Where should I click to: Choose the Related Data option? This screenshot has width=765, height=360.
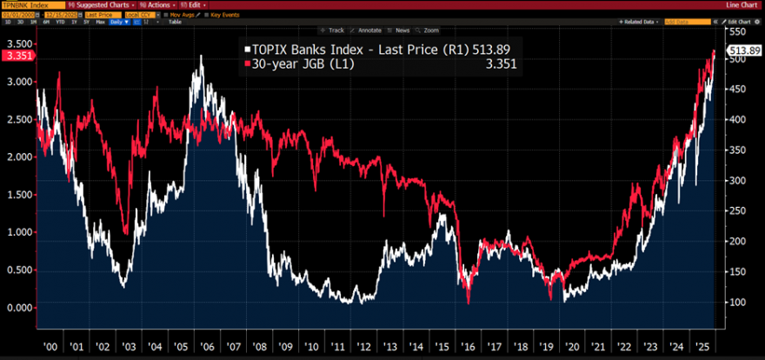642,21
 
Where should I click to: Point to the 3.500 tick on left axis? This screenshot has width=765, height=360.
17,43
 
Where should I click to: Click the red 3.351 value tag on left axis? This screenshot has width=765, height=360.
17,56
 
